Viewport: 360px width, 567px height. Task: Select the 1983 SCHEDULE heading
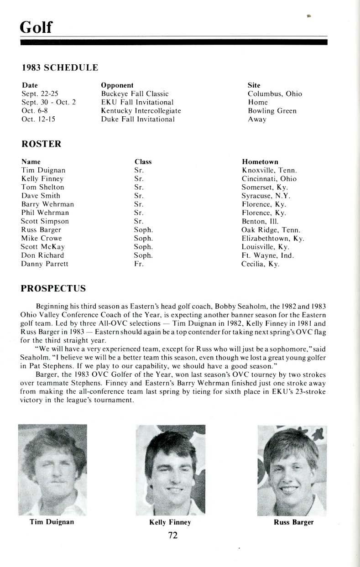(x=60, y=68)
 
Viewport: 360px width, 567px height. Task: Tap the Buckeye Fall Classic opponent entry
(x=135, y=94)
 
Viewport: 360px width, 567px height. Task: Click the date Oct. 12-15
(x=41, y=120)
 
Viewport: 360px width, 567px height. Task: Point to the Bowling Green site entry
(x=272, y=111)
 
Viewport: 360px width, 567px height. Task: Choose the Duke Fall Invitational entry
(x=138, y=120)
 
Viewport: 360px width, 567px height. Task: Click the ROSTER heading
(x=42, y=144)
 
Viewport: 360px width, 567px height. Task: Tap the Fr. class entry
(x=139, y=264)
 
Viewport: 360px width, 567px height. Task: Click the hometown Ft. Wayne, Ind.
(x=267, y=255)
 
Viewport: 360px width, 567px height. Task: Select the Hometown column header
(x=260, y=162)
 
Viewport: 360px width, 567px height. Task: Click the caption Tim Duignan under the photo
(x=52, y=522)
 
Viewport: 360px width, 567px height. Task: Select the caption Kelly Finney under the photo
(x=170, y=522)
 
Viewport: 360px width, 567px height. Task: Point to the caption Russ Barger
(x=293, y=522)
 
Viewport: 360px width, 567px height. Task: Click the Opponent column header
(x=117, y=85)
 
